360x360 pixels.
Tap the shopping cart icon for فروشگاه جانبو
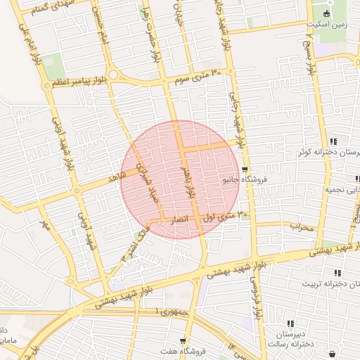tap(244, 169)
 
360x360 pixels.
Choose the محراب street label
tap(304, 227)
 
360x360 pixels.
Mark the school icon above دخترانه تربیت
tap(337, 272)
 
